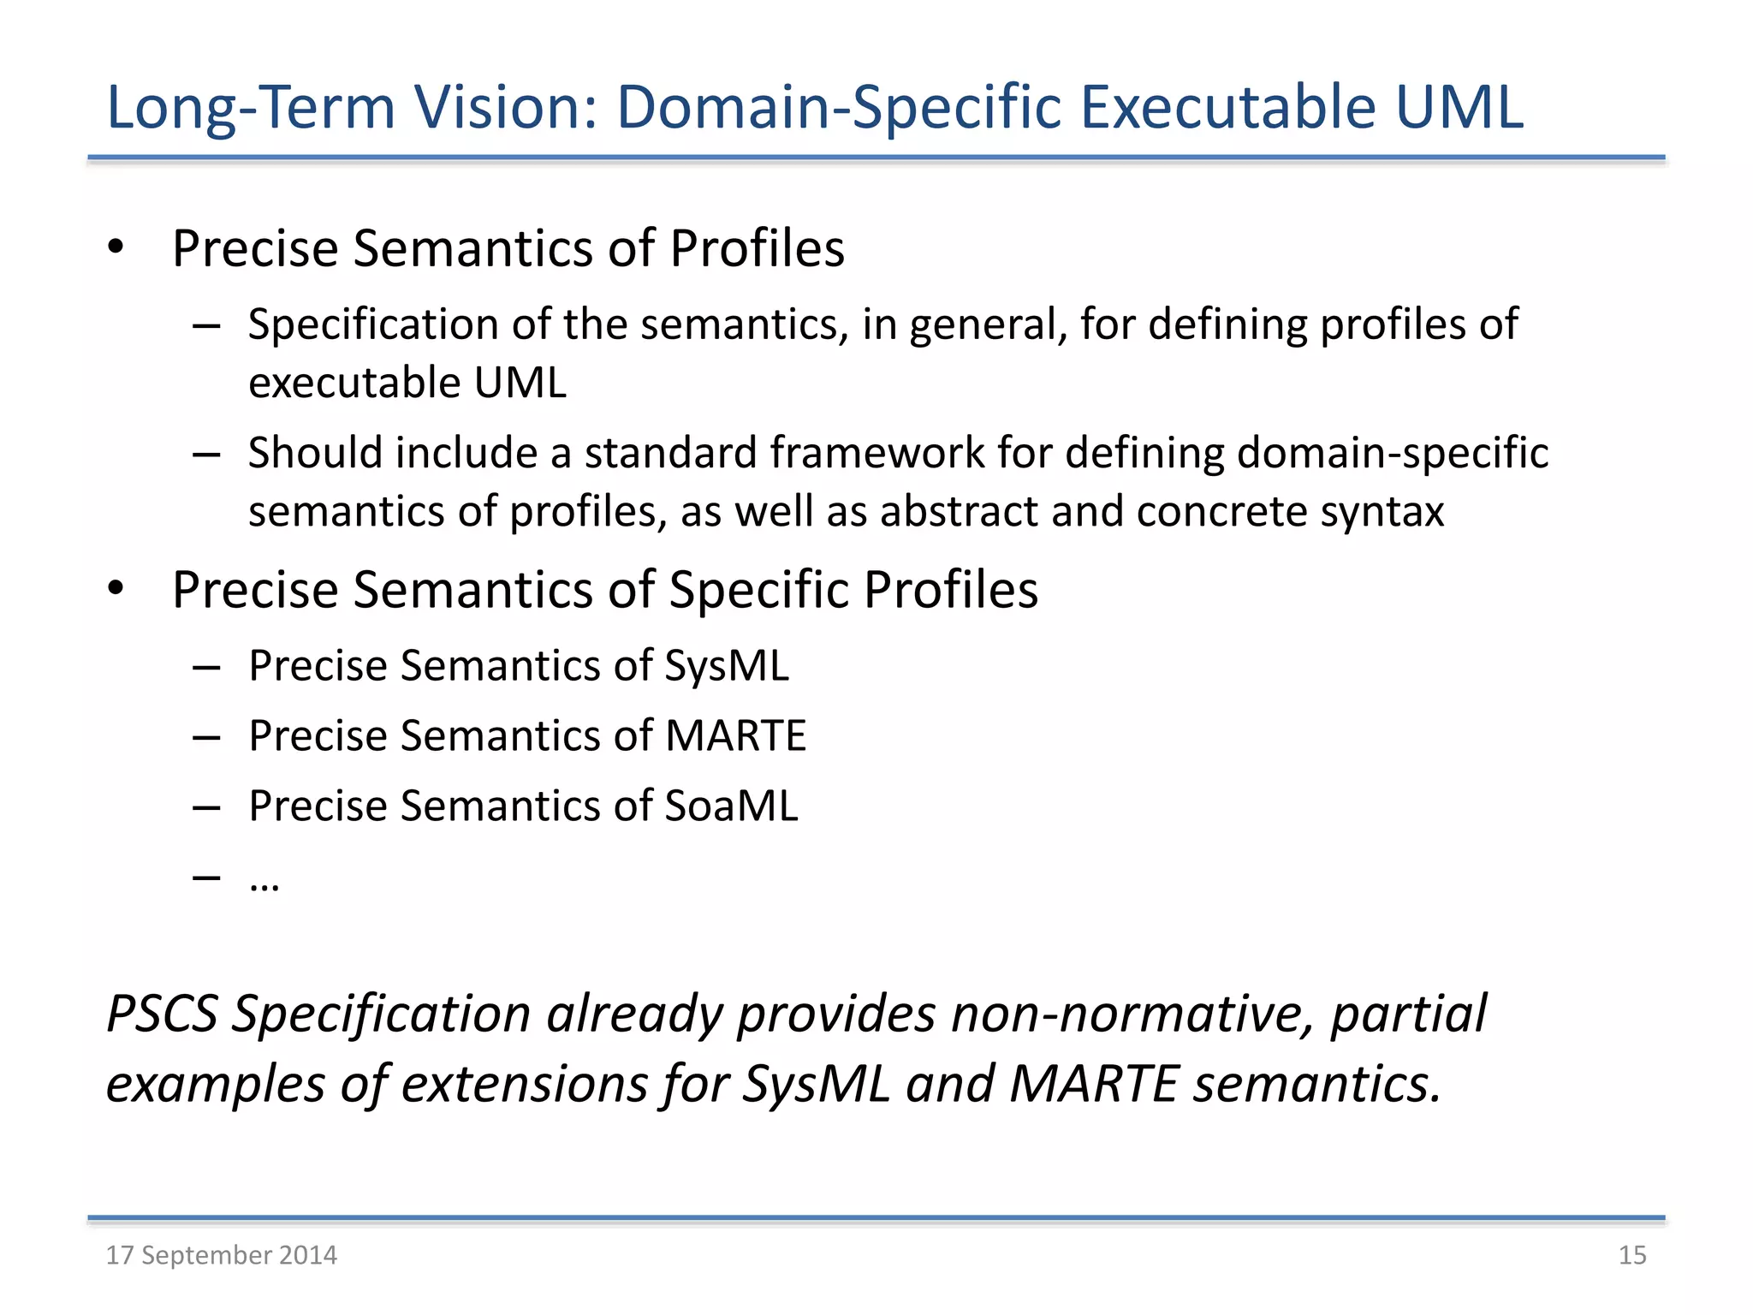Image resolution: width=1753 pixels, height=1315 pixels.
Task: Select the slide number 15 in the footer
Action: [x=1631, y=1255]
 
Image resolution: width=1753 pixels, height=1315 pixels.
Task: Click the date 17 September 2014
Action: [x=221, y=1255]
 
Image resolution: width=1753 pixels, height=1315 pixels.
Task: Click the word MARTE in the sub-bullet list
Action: [x=735, y=735]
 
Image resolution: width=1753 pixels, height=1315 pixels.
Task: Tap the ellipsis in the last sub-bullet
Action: [x=264, y=882]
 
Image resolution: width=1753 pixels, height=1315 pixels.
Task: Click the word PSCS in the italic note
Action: [x=162, y=1014]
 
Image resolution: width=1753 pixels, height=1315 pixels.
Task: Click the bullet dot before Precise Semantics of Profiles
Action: [x=116, y=248]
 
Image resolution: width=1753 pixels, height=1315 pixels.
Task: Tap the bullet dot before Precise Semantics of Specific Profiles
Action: [x=116, y=589]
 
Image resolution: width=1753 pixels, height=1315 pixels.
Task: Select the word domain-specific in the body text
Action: [x=1392, y=452]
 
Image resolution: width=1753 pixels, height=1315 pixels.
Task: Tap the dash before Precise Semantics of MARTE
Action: [x=207, y=737]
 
